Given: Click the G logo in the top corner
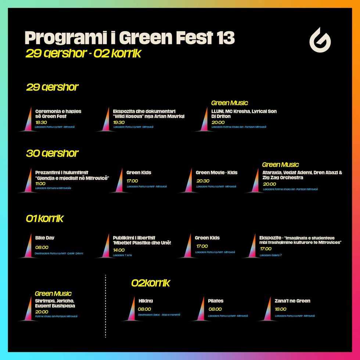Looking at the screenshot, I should pos(320,40).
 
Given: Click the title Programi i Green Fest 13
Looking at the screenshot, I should pos(129,38).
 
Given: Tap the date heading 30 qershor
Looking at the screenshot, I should pos(52,153).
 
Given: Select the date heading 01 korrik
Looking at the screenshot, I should pos(44,219).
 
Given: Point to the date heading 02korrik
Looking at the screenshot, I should pos(151,283).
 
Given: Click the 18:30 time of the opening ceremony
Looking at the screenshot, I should pos(41,122).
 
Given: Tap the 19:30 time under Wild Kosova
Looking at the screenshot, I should pos(119,122).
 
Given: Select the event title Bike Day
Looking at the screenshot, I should pos(45,238).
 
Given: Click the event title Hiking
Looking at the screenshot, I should pos(145,301).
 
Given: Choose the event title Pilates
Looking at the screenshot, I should pos(215,301).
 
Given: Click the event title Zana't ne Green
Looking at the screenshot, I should pos(292,301).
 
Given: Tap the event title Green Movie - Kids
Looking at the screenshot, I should pos(216,173).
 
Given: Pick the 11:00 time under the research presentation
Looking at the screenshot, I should pos(40,184).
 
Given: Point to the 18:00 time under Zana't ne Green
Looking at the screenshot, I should pos(281,309).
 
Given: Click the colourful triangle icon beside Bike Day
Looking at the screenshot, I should pos(28,246).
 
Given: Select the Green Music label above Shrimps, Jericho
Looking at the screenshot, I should pos(53,294).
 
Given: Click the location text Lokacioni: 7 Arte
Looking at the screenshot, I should pos(122,255).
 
